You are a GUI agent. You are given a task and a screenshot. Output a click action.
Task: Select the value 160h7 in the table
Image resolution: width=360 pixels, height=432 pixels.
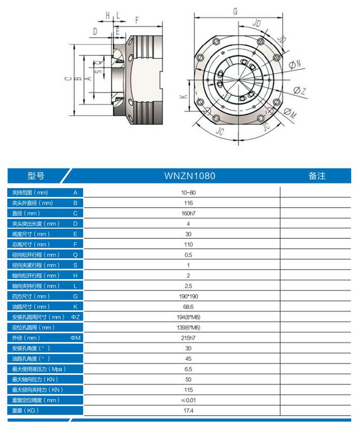[188, 213]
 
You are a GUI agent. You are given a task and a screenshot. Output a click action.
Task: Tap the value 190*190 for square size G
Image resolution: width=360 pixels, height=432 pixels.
[188, 296]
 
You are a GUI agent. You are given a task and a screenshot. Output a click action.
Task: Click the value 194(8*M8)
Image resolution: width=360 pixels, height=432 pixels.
[188, 317]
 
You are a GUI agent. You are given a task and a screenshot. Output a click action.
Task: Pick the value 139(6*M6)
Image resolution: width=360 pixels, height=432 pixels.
[188, 328]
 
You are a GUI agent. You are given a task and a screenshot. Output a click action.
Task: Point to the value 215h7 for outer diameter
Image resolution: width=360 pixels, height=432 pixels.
[188, 338]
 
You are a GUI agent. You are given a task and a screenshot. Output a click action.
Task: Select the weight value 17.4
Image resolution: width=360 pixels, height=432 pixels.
[188, 411]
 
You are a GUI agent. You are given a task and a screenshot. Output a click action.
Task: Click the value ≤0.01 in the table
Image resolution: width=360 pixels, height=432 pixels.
[188, 400]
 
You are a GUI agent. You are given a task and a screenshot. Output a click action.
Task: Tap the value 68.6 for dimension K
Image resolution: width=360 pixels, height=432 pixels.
[188, 307]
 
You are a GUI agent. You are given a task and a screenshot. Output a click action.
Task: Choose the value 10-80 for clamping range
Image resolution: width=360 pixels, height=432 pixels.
[188, 193]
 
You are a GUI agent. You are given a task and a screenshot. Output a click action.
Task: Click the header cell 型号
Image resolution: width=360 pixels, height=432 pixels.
[36, 176]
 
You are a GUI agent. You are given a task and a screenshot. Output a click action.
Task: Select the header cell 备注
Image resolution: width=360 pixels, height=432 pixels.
[317, 176]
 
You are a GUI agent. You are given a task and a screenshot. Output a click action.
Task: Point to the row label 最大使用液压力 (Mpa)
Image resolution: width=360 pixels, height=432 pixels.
[38, 369]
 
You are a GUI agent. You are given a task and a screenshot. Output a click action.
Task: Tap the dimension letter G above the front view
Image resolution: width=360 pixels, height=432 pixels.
[235, 12]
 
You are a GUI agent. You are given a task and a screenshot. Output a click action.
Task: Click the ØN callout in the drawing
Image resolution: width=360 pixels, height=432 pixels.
[295, 64]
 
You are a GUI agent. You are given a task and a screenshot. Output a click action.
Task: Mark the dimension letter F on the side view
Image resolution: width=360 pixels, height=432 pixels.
[137, 20]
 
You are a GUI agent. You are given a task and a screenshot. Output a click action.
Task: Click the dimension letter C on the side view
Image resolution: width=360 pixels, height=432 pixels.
[69, 79]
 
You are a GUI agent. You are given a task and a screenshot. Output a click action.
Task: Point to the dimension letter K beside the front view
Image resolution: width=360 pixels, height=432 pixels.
[183, 96]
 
